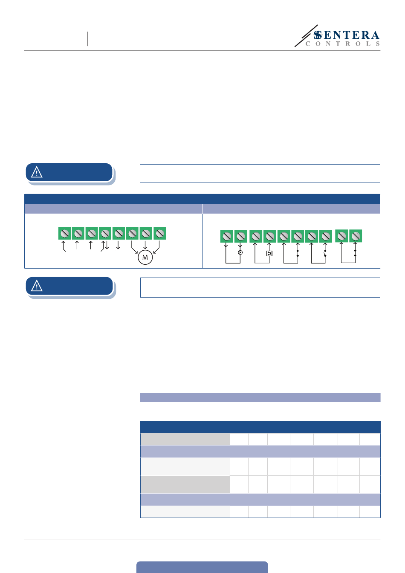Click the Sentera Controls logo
[x=337, y=37]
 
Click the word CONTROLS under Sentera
[x=342, y=44]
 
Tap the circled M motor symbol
[x=145, y=258]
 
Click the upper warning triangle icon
[x=37, y=172]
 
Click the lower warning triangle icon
[x=37, y=286]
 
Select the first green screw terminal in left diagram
[x=64, y=234]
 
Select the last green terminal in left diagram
[x=159, y=234]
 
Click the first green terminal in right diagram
[x=226, y=236]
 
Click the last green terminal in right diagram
[x=355, y=236]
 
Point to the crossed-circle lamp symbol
[x=240, y=253]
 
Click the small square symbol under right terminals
[x=269, y=254]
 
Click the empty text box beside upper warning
[x=260, y=174]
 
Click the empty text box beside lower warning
[x=260, y=287]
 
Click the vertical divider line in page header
[x=87, y=39]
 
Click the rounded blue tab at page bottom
[x=202, y=567]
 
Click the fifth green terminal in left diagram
[x=119, y=234]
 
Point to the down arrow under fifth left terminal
[x=118, y=246]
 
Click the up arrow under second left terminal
[x=77, y=245]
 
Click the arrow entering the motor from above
[x=145, y=246]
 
